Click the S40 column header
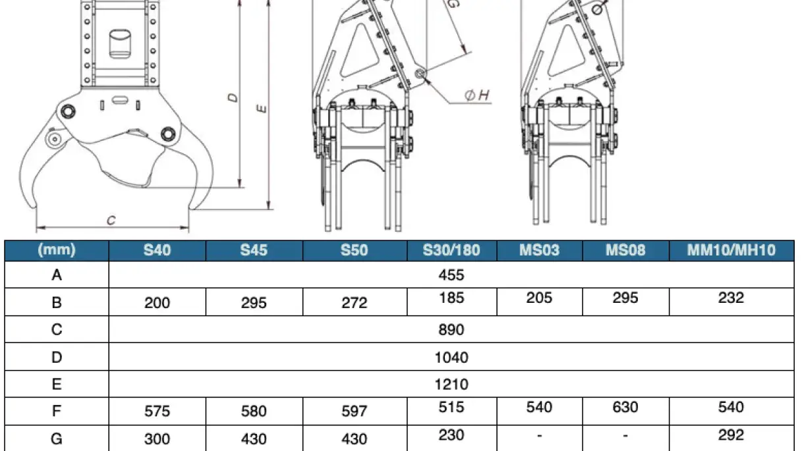coord(157,250)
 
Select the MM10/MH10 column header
coord(731,250)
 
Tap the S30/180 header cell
coord(451,250)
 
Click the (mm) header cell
coord(57,250)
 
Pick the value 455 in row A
coord(451,275)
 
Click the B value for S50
coord(355,303)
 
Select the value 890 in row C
coord(451,329)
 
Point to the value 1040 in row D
coord(451,358)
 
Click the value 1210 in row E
coord(451,385)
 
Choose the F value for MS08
coord(625,408)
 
